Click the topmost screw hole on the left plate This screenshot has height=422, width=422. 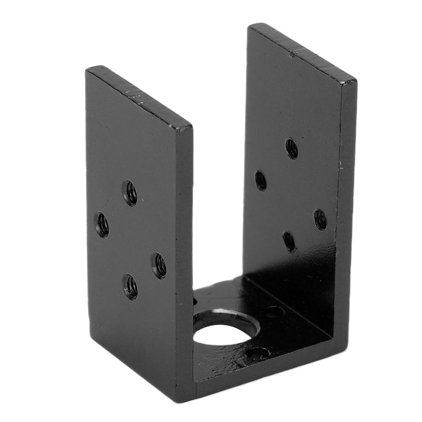click(x=130, y=193)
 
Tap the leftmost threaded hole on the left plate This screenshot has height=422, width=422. click(x=101, y=225)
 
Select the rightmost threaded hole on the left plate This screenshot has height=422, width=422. click(x=159, y=265)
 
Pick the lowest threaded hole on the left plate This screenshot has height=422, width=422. click(x=130, y=286)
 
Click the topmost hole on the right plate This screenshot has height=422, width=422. click(x=291, y=148)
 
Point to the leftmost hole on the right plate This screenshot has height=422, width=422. click(x=260, y=181)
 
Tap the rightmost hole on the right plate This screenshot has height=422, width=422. click(x=320, y=220)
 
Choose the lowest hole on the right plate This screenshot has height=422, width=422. click(x=289, y=241)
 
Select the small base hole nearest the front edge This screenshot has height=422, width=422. click(x=257, y=353)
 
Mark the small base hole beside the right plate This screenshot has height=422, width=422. click(x=273, y=312)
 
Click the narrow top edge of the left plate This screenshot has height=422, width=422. click(x=140, y=96)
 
